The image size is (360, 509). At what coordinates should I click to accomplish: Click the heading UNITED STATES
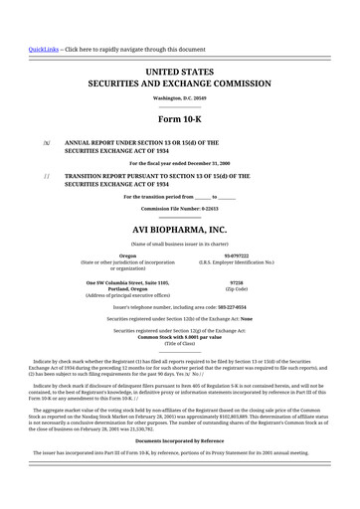click(x=180, y=73)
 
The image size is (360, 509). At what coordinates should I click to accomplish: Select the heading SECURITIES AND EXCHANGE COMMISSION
click(x=180, y=85)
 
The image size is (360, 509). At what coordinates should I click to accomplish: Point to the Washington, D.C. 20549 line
click(x=180, y=99)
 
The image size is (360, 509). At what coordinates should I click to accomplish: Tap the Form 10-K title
click(x=180, y=123)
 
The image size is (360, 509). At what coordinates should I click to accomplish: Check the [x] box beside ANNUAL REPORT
click(x=46, y=143)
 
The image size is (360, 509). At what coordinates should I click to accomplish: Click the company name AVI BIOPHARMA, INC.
click(x=180, y=229)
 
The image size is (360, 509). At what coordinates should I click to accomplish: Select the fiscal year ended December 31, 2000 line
click(x=180, y=162)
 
